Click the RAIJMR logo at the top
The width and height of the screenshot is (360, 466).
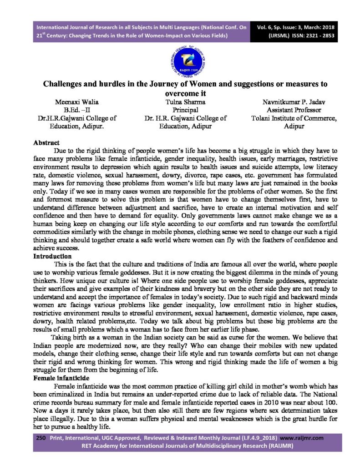pyautogui.click(x=180, y=60)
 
